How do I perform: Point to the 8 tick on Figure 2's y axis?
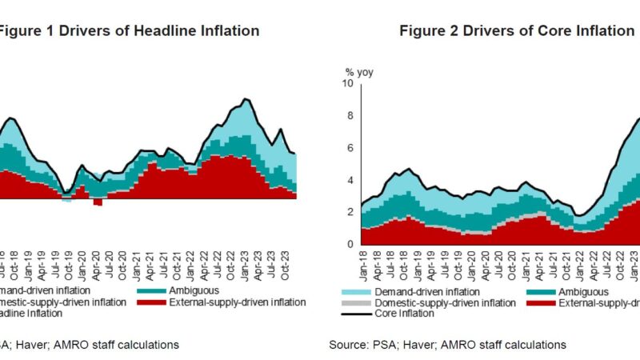[x=348, y=115]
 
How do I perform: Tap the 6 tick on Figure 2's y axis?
[x=348, y=148]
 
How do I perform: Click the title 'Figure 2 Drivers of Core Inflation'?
[x=516, y=31]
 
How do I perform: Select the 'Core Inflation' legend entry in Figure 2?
[x=403, y=314]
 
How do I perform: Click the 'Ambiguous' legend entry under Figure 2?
[x=582, y=292]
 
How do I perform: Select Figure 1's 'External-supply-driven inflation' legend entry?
[x=238, y=302]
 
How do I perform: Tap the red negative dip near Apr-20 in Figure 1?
[x=98, y=202]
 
